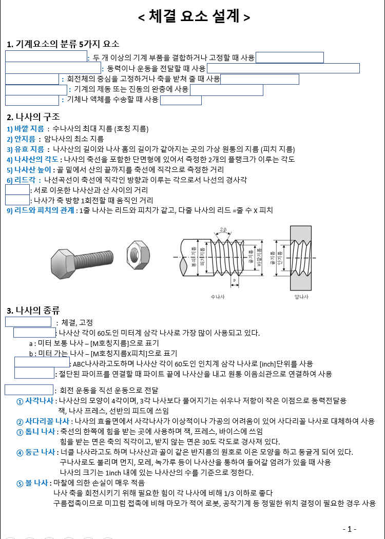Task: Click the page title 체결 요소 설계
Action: coord(194,17)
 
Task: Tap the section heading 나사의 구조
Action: coord(33,117)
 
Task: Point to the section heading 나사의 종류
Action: coord(33,310)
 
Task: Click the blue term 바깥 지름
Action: coord(25,128)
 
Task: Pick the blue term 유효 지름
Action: coord(25,149)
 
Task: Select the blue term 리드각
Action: coord(24,180)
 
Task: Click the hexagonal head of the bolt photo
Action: coord(63,263)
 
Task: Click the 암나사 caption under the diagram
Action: coord(301,297)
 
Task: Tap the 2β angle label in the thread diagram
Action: coord(224,229)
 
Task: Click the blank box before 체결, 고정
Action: coord(28,322)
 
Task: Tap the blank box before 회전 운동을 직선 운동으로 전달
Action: coord(29,390)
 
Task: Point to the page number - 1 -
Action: coord(349,529)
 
